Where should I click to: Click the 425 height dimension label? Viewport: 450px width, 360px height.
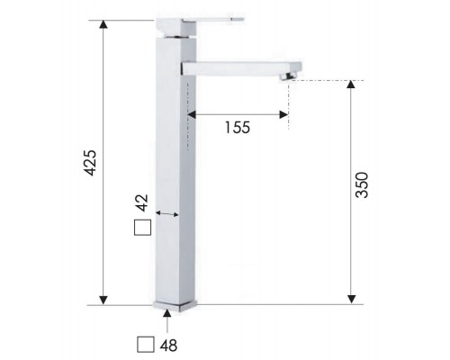pyautogui.click(x=90, y=163)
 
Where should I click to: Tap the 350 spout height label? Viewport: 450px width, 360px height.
pyautogui.click(x=364, y=184)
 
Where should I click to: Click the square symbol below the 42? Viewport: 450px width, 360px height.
pyautogui.click(x=140, y=228)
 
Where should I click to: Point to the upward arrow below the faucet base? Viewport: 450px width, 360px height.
pyautogui.click(x=168, y=316)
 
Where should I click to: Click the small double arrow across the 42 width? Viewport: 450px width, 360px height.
pyautogui.click(x=168, y=213)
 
